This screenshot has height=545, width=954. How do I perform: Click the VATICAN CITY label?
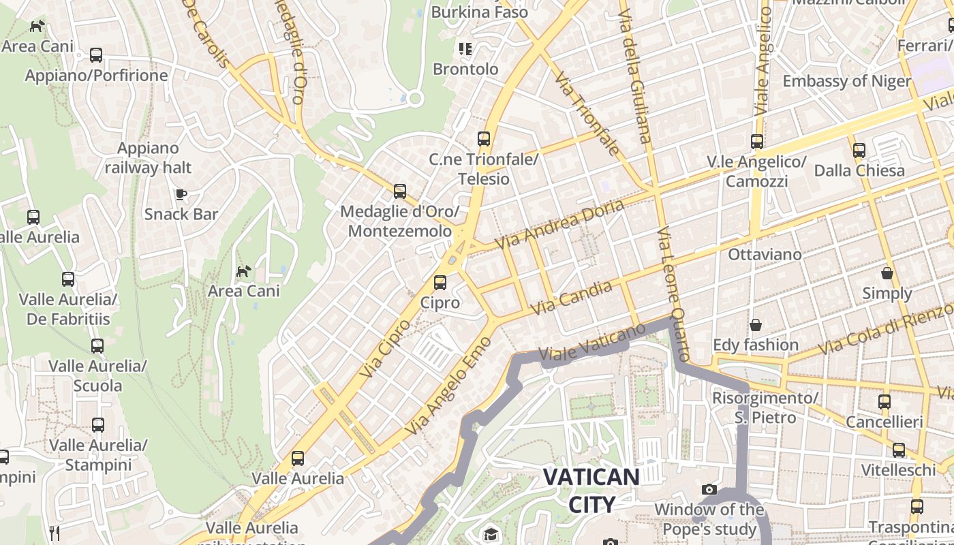tap(591, 490)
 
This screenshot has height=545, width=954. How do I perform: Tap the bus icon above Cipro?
tap(440, 282)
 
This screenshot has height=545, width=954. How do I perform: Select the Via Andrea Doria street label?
tap(559, 223)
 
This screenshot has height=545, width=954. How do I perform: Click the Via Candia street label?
tap(571, 298)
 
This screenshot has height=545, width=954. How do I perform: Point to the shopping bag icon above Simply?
tap(887, 273)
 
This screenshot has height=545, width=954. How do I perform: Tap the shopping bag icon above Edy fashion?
tap(755, 325)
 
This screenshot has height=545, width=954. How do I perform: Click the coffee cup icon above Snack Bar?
tap(181, 194)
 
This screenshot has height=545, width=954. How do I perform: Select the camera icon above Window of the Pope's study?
tap(709, 489)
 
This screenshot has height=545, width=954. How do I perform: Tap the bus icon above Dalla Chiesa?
tap(859, 150)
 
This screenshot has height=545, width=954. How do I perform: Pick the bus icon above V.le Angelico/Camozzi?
tap(756, 142)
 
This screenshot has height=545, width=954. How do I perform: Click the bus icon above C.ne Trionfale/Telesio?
tap(484, 139)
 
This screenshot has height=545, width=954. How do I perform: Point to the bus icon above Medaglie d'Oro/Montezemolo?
tap(400, 191)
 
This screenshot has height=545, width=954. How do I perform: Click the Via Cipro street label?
tap(385, 348)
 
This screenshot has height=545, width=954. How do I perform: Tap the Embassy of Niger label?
tap(846, 81)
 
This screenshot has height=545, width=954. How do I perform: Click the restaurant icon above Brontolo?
tap(465, 48)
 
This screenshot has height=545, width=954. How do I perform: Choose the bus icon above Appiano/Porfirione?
tap(96, 55)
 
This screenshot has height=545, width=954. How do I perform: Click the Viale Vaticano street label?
tap(591, 342)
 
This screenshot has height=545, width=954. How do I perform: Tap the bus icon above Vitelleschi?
tap(899, 450)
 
